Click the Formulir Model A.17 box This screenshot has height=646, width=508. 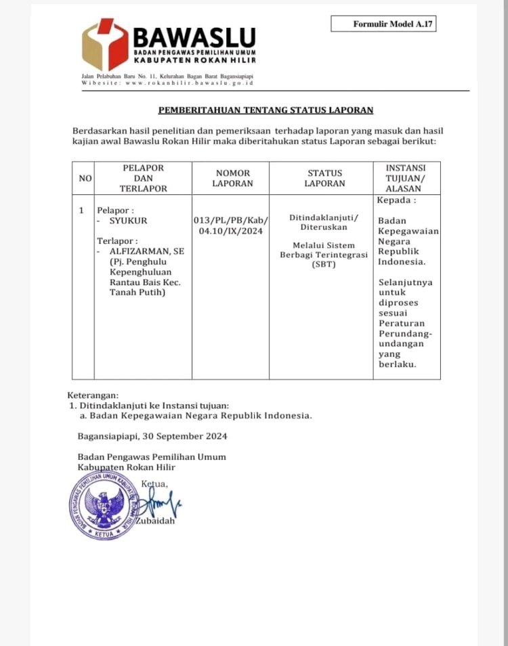[x=383, y=24]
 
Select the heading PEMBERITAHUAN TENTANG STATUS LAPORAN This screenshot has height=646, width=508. [x=266, y=110]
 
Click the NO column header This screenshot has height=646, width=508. [x=85, y=178]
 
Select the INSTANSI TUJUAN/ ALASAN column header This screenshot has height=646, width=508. [x=406, y=177]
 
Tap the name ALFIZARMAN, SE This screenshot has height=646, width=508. [x=146, y=251]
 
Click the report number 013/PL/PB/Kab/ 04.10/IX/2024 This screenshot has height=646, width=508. [x=231, y=225]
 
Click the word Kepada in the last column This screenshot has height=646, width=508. [x=396, y=200]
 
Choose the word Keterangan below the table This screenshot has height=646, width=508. [x=93, y=395]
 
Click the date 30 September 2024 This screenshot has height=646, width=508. [x=186, y=436]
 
